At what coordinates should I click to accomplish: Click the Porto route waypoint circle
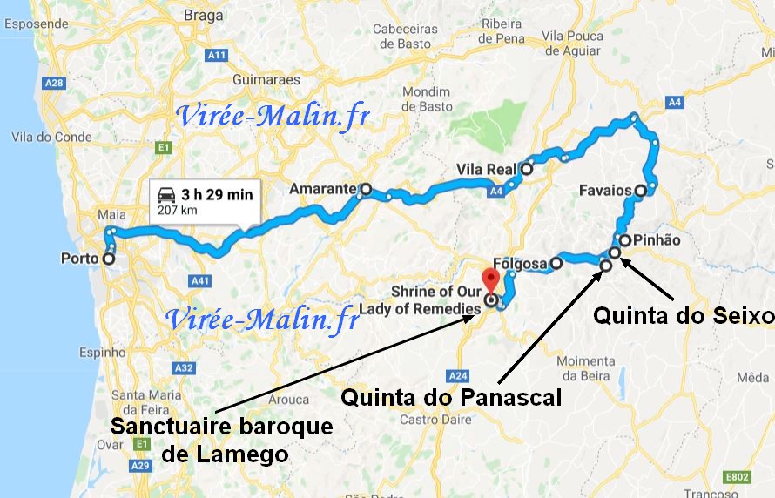click(109, 259)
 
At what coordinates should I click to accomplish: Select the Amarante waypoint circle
click(366, 188)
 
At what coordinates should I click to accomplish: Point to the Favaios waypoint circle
click(641, 190)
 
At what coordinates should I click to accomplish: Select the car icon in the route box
click(165, 195)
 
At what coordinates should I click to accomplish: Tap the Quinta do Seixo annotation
click(683, 315)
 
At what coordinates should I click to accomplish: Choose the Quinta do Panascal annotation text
click(451, 397)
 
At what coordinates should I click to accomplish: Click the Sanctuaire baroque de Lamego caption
click(222, 440)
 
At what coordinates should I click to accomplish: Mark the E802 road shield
click(737, 477)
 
